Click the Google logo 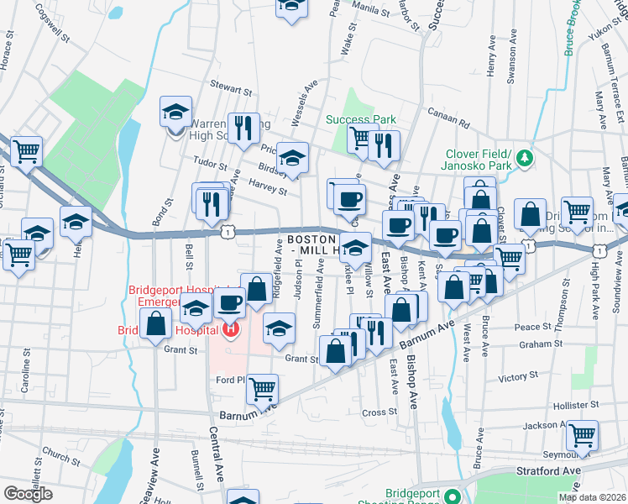[29, 493]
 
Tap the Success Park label [361, 119]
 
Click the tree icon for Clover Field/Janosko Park [525, 157]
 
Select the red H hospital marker [231, 328]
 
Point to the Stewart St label [232, 88]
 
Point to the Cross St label [379, 412]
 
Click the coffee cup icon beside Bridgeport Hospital [228, 302]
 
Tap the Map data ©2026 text [592, 497]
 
